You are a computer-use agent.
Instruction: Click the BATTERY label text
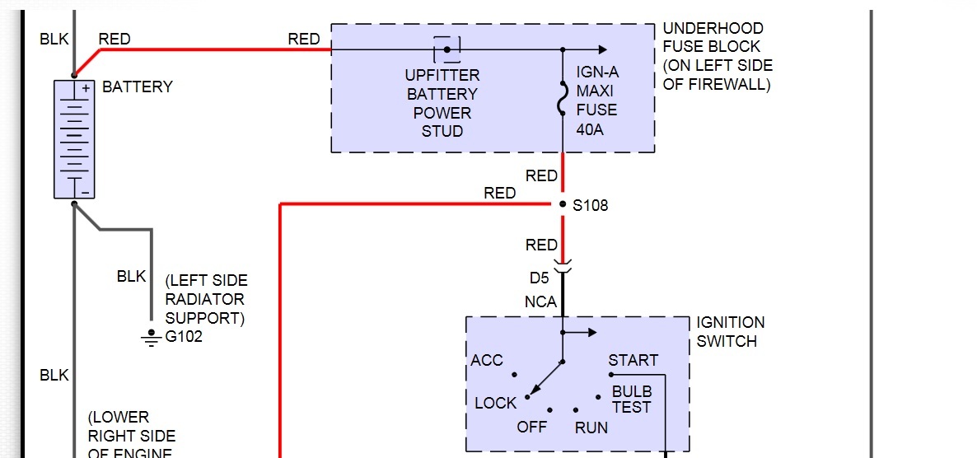(138, 87)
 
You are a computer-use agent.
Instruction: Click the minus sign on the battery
(85, 191)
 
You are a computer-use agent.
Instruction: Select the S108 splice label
(591, 205)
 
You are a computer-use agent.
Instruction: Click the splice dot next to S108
(563, 204)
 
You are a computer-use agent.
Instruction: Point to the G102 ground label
(185, 337)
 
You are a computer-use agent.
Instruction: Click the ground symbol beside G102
(151, 338)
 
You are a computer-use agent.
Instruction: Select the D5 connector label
(540, 279)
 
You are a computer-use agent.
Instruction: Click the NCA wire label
(540, 302)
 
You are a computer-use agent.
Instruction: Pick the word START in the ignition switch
(633, 361)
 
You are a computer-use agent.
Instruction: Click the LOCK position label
(496, 403)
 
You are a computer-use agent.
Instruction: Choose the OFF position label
(532, 427)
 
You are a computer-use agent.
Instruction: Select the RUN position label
(591, 427)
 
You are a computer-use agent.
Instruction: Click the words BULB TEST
(631, 399)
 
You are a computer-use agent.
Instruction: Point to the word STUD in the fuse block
(442, 131)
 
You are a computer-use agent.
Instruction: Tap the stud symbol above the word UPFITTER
(446, 49)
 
